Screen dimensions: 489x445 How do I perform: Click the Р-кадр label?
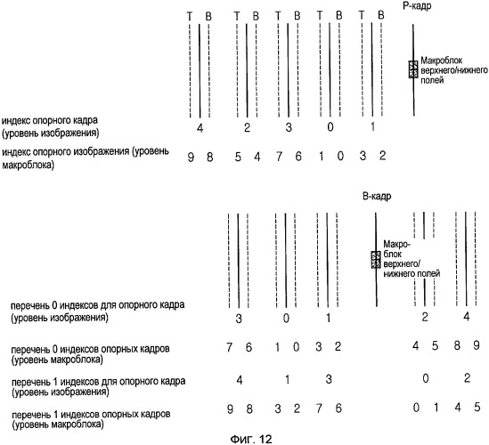[417, 6]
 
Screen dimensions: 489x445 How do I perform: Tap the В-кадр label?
[377, 197]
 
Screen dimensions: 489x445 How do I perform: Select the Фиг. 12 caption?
[251, 439]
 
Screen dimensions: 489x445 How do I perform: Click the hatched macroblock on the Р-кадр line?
[413, 69]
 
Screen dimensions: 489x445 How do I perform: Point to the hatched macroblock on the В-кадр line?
[376, 260]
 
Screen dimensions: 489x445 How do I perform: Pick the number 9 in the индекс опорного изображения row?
[191, 157]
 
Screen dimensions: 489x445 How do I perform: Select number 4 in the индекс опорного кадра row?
[200, 128]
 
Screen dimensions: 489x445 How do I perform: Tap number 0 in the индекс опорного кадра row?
[330, 127]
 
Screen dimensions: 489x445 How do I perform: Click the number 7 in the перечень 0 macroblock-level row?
[230, 347]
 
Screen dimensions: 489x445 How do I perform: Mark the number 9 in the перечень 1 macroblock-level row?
[230, 409]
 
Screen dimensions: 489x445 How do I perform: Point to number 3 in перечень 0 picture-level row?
[239, 319]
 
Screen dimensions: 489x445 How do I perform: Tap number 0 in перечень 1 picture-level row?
[426, 378]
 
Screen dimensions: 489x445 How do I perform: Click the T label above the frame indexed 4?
[190, 16]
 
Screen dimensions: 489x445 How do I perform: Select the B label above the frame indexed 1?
[381, 15]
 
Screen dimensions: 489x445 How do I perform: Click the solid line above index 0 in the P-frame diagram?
[330, 69]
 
